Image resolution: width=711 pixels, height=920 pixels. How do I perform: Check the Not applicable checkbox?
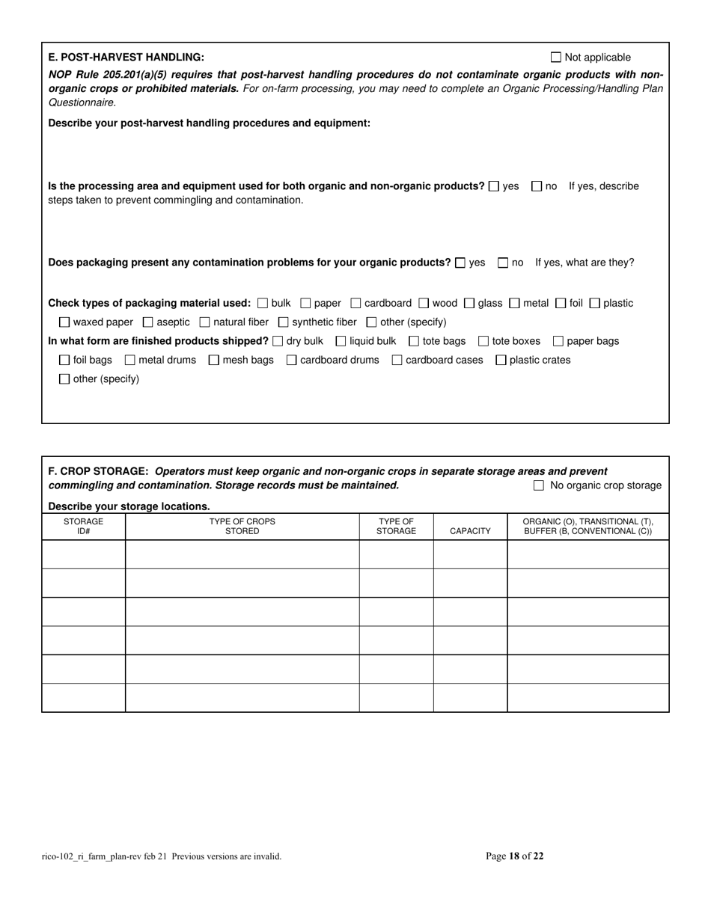(555, 57)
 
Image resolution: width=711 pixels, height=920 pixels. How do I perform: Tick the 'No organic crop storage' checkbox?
(539, 485)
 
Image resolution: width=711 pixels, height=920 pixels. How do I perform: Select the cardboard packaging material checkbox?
(356, 303)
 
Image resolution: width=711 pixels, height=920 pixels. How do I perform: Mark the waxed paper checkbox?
(64, 322)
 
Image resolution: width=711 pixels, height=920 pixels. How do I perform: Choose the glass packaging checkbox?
(469, 303)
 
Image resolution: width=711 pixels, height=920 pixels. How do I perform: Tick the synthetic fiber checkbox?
(284, 322)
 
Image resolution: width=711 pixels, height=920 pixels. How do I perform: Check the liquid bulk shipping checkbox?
(341, 341)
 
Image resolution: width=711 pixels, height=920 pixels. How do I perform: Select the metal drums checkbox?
(130, 360)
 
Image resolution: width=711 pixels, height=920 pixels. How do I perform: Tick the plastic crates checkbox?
(501, 360)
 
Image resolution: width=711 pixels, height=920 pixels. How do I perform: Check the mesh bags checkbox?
(214, 360)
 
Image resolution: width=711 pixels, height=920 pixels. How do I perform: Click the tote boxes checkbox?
(483, 341)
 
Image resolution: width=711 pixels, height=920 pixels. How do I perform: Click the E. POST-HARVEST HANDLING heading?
(126, 58)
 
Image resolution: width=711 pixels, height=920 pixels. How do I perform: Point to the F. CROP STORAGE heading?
(99, 471)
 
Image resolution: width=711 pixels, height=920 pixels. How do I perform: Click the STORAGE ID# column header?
(83, 526)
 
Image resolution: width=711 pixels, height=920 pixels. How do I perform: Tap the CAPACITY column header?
(470, 531)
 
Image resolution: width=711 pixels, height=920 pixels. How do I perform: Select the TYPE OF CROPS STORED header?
(242, 526)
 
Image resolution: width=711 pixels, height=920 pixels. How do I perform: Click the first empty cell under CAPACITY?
(470, 554)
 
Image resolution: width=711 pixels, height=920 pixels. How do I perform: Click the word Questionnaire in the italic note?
(82, 102)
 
